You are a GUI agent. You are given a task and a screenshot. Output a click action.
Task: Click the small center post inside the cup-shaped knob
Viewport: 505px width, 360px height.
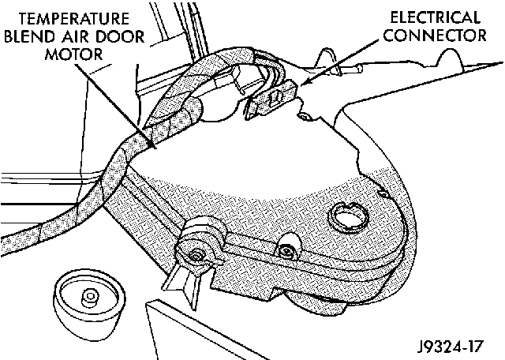click(89, 298)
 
